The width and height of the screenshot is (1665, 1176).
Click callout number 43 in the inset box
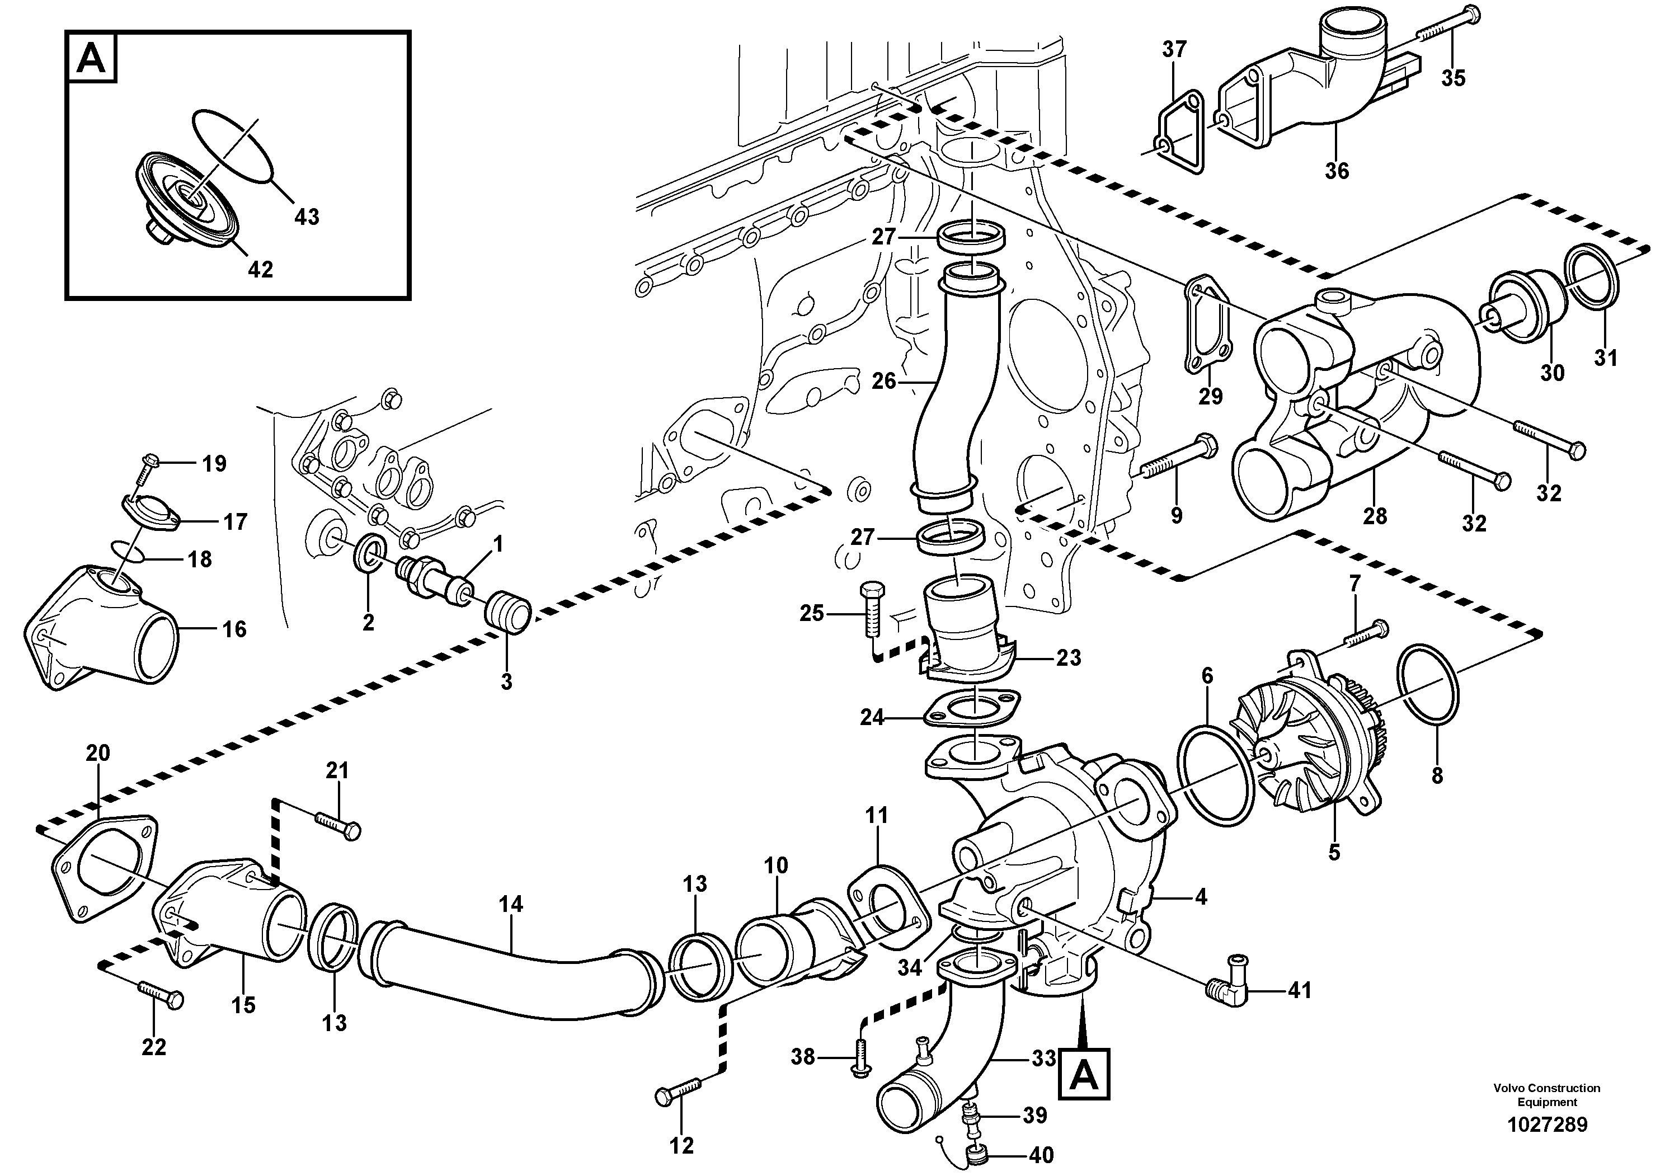(x=307, y=216)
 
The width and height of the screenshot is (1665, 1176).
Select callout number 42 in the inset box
(x=260, y=269)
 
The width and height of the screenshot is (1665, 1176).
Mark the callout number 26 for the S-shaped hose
(x=883, y=380)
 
